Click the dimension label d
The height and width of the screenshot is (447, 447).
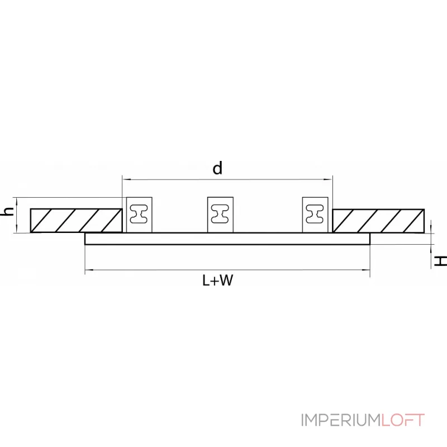tap(217, 168)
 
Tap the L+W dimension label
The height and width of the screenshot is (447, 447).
tap(217, 281)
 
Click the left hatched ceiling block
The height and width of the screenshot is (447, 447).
tap(76, 220)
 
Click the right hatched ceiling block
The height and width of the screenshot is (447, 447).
tap(378, 220)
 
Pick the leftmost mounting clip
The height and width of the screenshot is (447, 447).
tap(138, 215)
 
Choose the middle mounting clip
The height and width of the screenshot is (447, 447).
tap(221, 215)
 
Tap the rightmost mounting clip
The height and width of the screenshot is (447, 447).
tap(316, 215)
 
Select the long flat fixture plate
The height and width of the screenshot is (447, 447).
tap(227, 239)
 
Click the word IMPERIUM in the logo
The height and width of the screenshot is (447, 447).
tap(341, 420)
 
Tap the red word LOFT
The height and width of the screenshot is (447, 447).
tap(403, 420)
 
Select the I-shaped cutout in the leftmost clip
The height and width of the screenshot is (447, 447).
tap(138, 212)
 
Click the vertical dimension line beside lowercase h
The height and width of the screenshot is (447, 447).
tap(18, 215)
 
